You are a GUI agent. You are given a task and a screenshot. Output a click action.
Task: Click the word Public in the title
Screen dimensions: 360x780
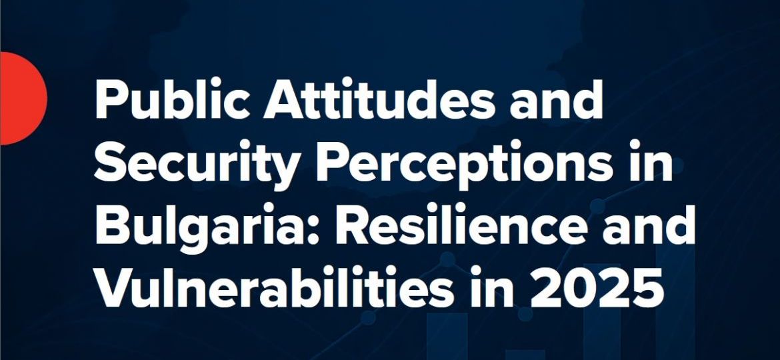click(167, 102)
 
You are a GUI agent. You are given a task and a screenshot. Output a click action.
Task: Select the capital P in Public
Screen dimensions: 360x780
click(111, 102)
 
